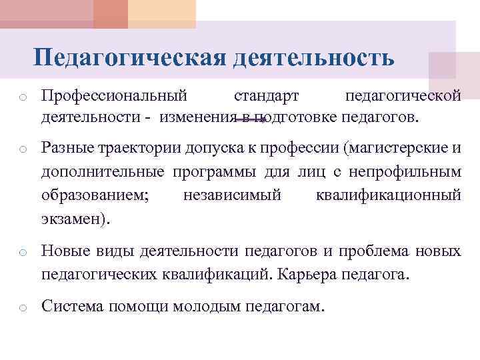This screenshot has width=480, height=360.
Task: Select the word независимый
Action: [232, 195]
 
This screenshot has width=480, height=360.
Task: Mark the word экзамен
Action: [73, 219]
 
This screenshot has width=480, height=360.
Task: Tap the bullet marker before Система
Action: [22, 308]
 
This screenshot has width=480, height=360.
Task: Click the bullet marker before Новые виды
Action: [22, 253]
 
